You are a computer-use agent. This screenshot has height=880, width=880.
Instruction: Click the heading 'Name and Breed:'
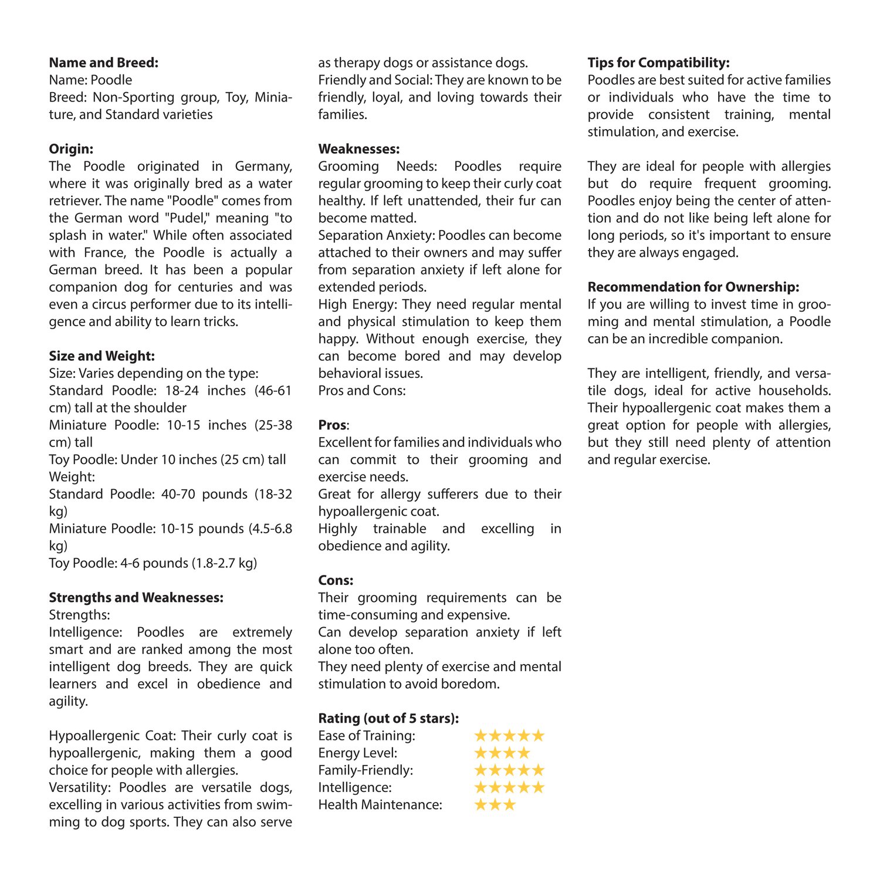103,63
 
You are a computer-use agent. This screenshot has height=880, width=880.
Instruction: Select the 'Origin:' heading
71,149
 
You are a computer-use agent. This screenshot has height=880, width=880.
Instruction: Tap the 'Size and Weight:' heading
101,356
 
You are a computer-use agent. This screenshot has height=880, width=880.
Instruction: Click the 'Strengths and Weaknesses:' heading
136,598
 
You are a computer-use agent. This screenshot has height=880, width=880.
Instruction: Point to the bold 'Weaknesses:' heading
358,149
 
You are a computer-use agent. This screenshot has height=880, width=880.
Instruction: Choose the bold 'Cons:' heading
336,580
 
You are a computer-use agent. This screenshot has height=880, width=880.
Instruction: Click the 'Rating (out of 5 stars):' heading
388,718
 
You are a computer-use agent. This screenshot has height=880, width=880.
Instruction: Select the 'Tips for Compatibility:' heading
658,63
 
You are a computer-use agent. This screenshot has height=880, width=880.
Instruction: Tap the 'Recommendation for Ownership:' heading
693,287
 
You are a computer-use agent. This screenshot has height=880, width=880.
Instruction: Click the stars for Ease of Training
509,736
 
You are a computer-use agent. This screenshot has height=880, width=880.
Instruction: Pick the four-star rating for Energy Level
502,753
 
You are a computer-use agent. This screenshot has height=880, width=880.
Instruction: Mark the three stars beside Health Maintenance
495,804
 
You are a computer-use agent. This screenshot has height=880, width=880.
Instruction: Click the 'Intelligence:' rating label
354,787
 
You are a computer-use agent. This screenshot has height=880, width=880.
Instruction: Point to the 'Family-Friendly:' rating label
365,770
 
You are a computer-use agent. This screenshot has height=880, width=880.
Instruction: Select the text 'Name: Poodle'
90,80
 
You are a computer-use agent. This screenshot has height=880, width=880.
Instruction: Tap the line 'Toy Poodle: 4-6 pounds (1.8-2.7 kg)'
153,563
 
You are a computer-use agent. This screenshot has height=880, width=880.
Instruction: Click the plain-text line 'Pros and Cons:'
361,391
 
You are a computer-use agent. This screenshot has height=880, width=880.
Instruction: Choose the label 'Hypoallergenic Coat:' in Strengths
113,736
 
